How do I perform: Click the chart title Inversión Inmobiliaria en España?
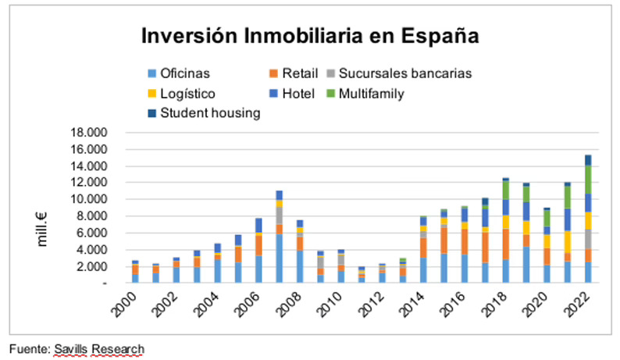click(309, 37)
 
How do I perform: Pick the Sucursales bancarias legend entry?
click(405, 74)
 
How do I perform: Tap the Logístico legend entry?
click(187, 94)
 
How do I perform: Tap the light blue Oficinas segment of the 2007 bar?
click(280, 258)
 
